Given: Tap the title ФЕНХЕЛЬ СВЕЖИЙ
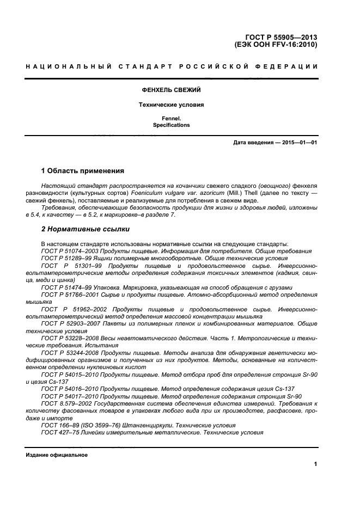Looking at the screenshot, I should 171,89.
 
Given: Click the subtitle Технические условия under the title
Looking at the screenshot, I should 171,105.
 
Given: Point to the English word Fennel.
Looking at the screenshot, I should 171,118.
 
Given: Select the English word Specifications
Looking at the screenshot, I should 171,125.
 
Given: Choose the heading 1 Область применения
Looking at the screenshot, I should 83,170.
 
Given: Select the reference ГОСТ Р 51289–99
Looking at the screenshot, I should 62,258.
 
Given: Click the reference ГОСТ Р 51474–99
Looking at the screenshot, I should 62,287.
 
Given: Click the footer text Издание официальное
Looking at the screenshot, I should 57,455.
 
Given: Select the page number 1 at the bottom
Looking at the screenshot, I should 315,464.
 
